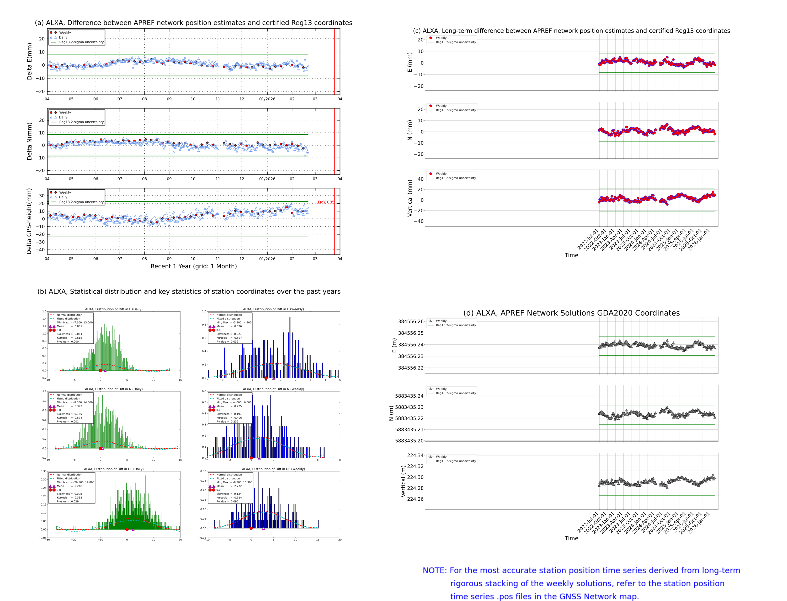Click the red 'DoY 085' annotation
326,202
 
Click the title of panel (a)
193,23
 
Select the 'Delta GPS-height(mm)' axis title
29,221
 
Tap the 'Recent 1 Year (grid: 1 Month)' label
193,266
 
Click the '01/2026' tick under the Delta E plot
267,99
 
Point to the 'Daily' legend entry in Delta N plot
63,117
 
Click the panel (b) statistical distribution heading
189,291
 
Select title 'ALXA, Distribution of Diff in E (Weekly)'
273,309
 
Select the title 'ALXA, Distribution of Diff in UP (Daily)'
114,469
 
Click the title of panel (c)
571,31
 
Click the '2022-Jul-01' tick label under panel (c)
588,240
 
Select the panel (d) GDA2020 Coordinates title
571,313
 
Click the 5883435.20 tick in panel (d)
409,441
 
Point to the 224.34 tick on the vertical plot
415,455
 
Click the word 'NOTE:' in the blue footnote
434,571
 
